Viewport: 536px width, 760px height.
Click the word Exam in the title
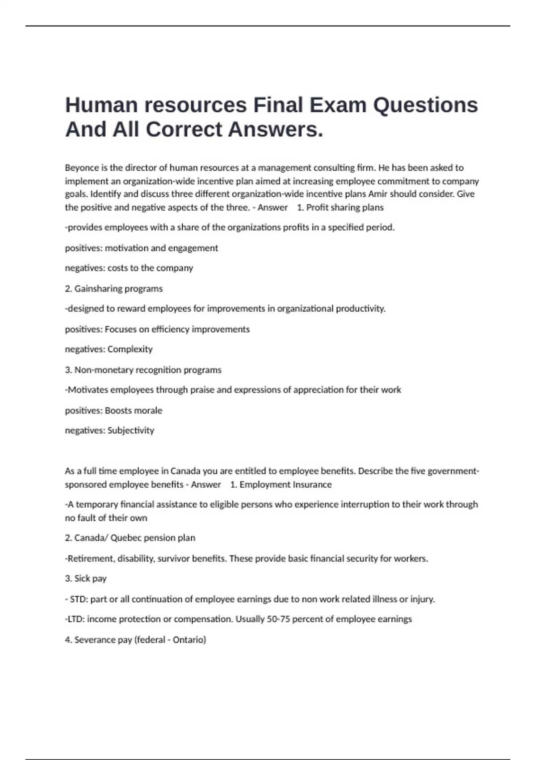pos(338,106)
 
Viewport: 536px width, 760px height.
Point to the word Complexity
pos(130,349)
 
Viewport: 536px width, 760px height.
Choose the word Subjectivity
pos(131,431)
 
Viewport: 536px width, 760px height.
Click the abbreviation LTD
pos(75,619)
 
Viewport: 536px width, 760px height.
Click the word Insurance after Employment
pos(312,485)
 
